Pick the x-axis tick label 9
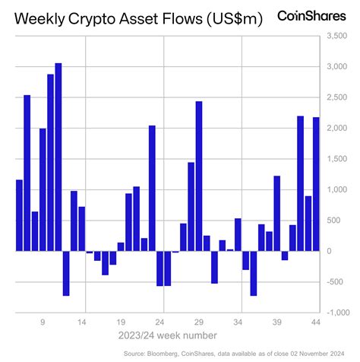point(43,322)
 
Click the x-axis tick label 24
point(160,322)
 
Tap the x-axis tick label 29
point(199,322)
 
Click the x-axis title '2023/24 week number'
point(168,335)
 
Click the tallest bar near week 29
point(199,176)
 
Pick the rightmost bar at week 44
point(316,184)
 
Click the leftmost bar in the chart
point(19,215)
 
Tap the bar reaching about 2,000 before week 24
point(152,188)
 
